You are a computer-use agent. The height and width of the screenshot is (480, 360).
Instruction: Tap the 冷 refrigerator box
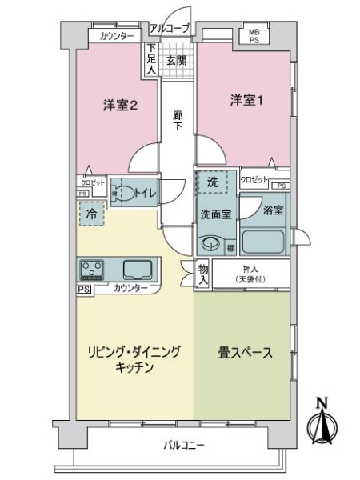(x=90, y=214)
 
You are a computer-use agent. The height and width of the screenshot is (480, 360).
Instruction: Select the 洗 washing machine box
(x=212, y=182)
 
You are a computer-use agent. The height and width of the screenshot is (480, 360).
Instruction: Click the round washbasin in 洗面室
(x=212, y=244)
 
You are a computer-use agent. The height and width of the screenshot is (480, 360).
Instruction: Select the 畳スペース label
(x=245, y=352)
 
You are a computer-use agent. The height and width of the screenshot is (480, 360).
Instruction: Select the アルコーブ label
(x=169, y=29)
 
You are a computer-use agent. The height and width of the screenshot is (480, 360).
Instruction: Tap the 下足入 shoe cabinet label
(x=151, y=60)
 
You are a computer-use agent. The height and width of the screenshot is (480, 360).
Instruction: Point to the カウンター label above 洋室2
(x=117, y=37)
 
